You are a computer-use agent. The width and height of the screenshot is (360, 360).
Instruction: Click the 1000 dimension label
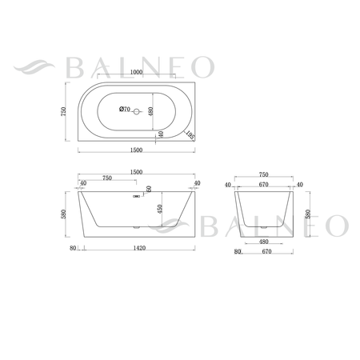click(136, 72)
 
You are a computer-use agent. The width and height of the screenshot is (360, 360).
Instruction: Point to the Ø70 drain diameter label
click(125, 109)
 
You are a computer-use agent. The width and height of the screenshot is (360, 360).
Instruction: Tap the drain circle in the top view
click(137, 112)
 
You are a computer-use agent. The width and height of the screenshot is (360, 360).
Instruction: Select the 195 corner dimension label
click(190, 134)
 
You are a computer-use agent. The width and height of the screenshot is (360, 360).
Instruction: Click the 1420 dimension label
click(139, 248)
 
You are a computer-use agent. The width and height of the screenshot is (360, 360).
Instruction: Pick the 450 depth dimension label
click(160, 209)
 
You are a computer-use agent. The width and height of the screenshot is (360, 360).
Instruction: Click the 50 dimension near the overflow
click(149, 189)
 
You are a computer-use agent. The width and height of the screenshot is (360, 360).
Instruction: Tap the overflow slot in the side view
click(136, 197)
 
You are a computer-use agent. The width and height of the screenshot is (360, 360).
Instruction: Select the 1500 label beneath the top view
click(136, 150)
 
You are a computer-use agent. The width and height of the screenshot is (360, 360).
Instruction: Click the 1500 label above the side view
click(136, 172)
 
